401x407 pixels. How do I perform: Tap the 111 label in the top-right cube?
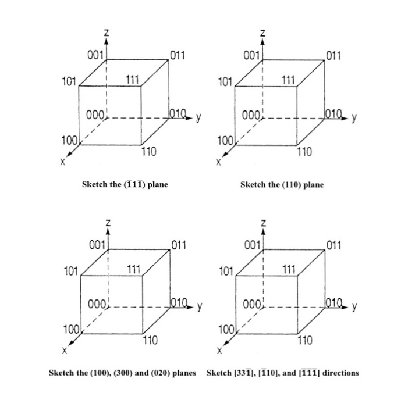pyautogui.click(x=289, y=80)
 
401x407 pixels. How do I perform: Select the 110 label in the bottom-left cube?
pyautogui.click(x=150, y=341)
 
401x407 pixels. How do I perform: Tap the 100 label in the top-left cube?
pyautogui.click(x=69, y=141)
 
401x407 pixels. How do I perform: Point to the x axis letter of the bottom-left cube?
pyautogui.click(x=65, y=352)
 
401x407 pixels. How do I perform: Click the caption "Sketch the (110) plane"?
pyautogui.click(x=282, y=185)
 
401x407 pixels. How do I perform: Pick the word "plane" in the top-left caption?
pyautogui.click(x=158, y=185)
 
